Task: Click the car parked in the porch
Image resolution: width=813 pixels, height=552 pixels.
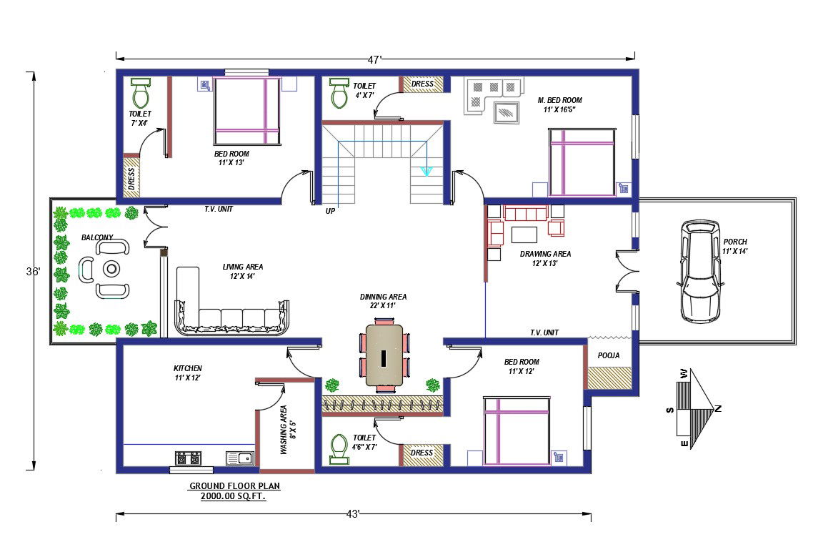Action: click(x=700, y=271)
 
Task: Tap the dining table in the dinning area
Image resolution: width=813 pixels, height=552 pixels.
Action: click(x=384, y=356)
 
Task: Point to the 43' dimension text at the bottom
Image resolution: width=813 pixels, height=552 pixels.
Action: click(x=353, y=513)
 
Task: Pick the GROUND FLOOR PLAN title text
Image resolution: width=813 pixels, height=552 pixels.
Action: click(x=234, y=486)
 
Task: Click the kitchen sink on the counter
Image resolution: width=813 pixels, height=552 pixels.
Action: click(x=239, y=458)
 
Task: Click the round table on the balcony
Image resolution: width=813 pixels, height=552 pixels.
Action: click(x=112, y=269)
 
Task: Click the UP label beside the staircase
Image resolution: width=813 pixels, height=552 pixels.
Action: click(x=330, y=211)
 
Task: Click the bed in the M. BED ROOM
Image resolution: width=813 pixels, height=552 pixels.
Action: click(x=582, y=162)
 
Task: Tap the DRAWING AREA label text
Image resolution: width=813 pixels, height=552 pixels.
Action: click(x=545, y=254)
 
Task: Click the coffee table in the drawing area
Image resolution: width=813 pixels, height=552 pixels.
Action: click(x=524, y=235)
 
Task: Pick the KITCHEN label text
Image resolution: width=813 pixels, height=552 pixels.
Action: click(x=187, y=368)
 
